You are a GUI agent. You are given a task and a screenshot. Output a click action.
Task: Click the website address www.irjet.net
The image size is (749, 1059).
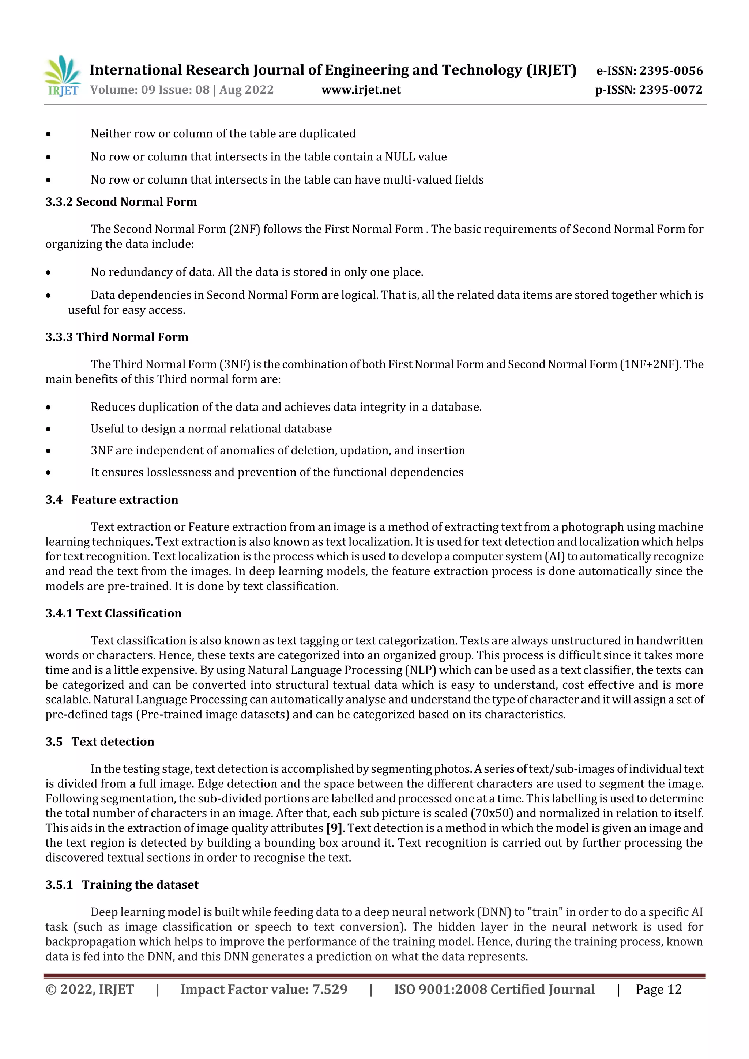pos(361,90)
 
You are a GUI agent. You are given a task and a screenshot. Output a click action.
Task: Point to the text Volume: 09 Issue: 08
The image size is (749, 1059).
pos(150,90)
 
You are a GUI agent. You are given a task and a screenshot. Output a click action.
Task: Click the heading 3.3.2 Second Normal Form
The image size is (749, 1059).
pos(121,202)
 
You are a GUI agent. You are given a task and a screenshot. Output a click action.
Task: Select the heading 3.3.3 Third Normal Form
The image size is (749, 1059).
pos(117,337)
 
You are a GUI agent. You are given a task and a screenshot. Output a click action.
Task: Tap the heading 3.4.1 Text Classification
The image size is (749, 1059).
pos(113,613)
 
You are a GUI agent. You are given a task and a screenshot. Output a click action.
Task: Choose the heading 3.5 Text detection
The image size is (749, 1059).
pos(100,742)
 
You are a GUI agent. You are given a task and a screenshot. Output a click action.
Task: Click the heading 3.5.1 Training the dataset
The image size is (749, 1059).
pos(122,885)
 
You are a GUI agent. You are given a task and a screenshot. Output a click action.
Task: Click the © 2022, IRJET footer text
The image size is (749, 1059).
pos(90,989)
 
